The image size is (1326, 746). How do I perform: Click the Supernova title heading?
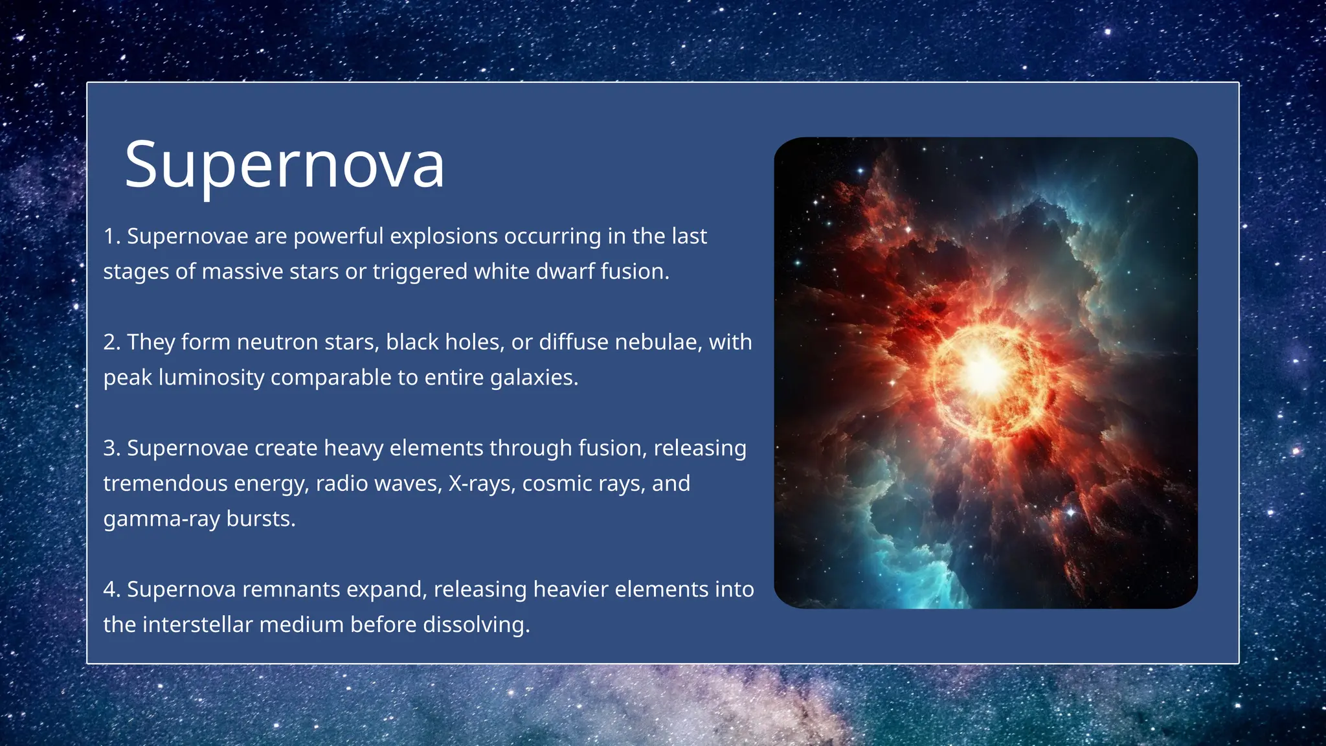coord(284,165)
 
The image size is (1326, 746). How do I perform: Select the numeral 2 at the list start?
coord(109,343)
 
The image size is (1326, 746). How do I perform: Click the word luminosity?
coord(210,378)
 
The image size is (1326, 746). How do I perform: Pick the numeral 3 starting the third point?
coord(109,449)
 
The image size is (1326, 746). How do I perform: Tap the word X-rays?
coord(481,484)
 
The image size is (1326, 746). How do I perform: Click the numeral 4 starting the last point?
coord(109,590)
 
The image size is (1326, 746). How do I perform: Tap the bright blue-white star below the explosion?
coord(1070,513)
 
